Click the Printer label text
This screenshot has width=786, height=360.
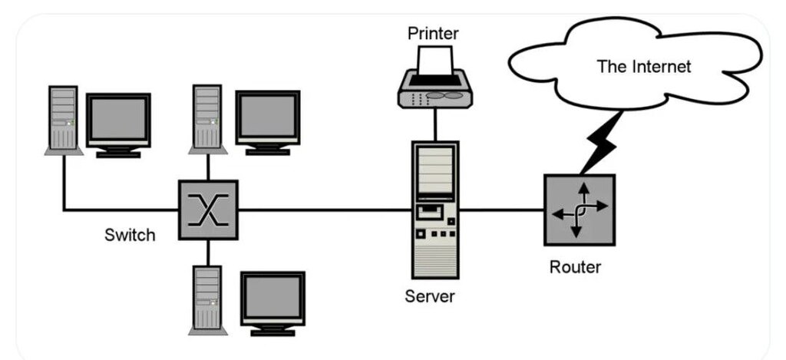pyautogui.click(x=433, y=34)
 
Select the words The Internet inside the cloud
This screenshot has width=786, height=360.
pyautogui.click(x=644, y=66)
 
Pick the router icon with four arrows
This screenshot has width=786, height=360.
pyautogui.click(x=580, y=210)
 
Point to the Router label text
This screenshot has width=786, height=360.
pyautogui.click(x=575, y=267)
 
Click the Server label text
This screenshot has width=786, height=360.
pyautogui.click(x=430, y=296)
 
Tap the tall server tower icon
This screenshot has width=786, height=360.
pyautogui.click(x=435, y=210)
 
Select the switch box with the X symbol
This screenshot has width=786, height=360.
pyautogui.click(x=208, y=210)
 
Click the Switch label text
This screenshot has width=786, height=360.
pyautogui.click(x=130, y=235)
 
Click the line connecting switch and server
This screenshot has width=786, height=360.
pyautogui.click(x=325, y=210)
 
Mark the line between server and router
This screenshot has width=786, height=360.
pyautogui.click(x=501, y=210)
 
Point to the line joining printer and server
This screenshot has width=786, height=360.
pyautogui.click(x=435, y=125)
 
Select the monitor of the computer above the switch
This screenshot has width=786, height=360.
pyautogui.click(x=268, y=123)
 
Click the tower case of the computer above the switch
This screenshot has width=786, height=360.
pyautogui.click(x=207, y=119)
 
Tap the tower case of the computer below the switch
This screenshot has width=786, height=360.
pyautogui.click(x=207, y=300)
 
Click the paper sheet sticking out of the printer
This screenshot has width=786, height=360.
pyautogui.click(x=435, y=60)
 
